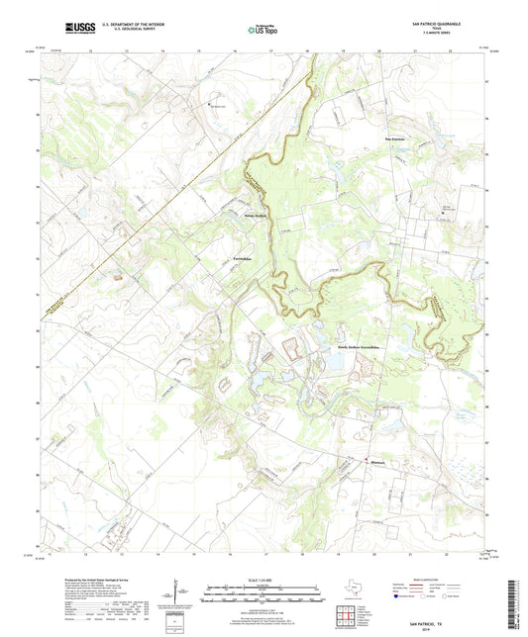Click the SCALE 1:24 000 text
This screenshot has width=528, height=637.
[263, 579]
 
